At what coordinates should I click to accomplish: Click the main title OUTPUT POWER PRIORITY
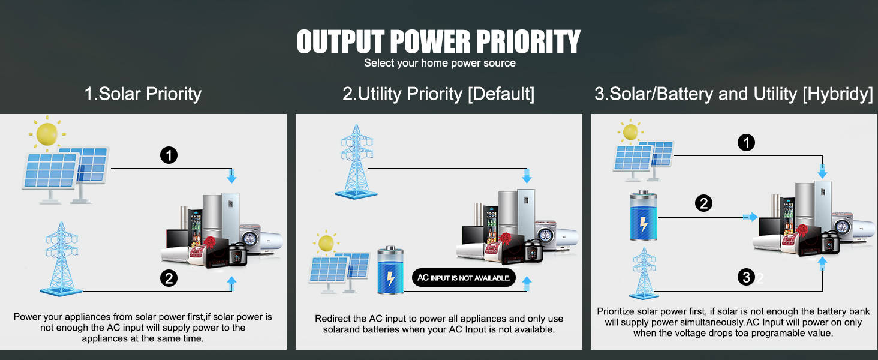(x=438, y=41)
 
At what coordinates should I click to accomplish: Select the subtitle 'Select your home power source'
(x=440, y=63)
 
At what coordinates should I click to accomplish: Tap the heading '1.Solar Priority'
(x=143, y=94)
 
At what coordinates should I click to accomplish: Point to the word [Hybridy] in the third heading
(x=838, y=94)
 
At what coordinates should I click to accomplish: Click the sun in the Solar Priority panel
(x=47, y=134)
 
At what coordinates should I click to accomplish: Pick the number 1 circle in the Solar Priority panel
(x=169, y=155)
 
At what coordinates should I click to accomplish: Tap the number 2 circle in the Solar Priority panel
(x=169, y=278)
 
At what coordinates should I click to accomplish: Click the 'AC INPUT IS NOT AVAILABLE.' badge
(x=464, y=278)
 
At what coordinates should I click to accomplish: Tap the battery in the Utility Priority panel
(x=390, y=270)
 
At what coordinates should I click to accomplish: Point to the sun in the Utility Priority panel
(x=326, y=243)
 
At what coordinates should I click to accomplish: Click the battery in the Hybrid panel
(x=644, y=215)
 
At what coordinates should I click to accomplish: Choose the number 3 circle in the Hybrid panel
(x=746, y=277)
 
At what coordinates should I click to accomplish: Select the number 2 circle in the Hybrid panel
(x=703, y=203)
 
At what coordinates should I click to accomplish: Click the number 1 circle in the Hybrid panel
(x=746, y=143)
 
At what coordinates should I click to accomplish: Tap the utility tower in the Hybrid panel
(x=644, y=274)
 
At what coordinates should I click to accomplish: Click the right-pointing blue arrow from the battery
(x=750, y=217)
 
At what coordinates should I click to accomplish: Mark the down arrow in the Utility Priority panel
(x=527, y=176)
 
